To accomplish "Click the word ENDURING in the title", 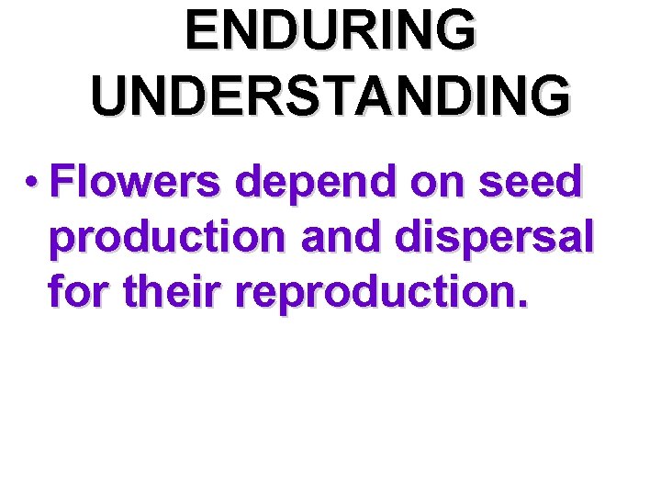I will pyautogui.click(x=330, y=31).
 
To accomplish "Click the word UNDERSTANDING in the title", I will pyautogui.click(x=330, y=95).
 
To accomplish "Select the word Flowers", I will pyautogui.click(x=136, y=184).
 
